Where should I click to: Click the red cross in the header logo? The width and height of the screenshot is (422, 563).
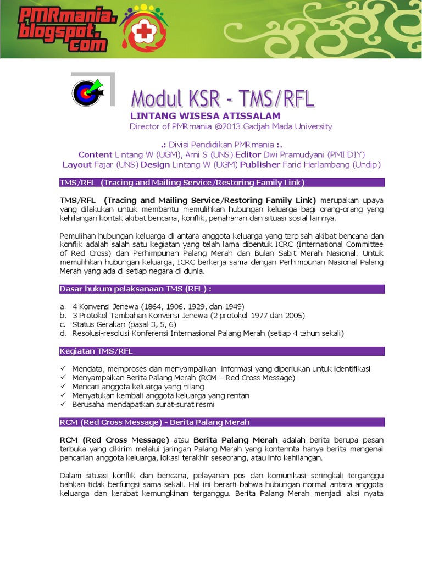[x=144, y=32]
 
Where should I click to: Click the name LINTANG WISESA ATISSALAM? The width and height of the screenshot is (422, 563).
[x=205, y=116]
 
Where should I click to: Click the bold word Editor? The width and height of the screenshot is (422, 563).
[x=248, y=154]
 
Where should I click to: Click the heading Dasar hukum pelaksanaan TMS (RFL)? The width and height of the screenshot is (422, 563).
[x=135, y=289]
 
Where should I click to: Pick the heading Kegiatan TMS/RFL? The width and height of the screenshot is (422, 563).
[x=96, y=351]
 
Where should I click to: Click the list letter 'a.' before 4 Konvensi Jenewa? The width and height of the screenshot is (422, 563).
[x=63, y=306]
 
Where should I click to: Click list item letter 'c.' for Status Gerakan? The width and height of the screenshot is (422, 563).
[x=63, y=324]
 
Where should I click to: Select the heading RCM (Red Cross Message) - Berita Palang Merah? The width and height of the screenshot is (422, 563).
[x=154, y=422]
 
